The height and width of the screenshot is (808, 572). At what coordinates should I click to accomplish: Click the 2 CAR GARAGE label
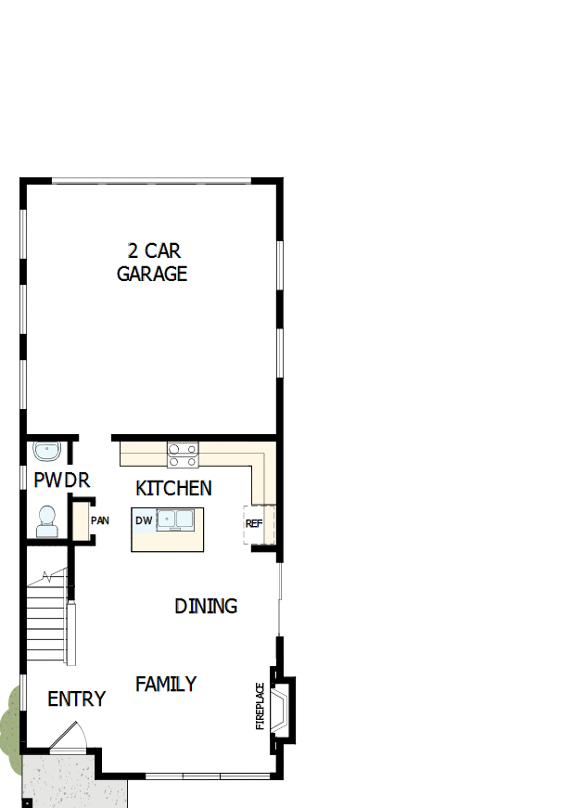point(152,262)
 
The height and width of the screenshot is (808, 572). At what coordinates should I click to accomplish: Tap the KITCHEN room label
point(173,488)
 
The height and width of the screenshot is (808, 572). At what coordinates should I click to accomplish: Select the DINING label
point(206,606)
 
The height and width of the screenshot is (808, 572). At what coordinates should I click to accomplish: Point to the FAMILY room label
point(166,684)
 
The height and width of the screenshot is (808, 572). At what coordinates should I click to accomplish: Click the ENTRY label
point(76,699)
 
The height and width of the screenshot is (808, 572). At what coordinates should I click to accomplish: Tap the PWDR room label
point(61,481)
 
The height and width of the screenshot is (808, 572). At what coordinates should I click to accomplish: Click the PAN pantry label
point(100,520)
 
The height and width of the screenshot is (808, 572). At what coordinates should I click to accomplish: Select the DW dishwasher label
point(144,520)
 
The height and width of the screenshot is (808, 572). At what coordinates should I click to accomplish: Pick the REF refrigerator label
point(254,523)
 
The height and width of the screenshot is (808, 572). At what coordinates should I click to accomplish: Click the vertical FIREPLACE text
point(261,706)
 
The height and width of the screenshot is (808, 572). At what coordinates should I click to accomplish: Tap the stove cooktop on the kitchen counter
point(183,455)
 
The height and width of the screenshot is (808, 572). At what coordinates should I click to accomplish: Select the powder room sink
point(45,451)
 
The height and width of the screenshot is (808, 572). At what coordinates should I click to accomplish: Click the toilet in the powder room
point(46,520)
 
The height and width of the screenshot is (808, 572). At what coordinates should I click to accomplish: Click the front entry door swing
point(68,737)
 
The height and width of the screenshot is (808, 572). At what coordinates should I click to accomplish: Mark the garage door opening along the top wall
point(151,180)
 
